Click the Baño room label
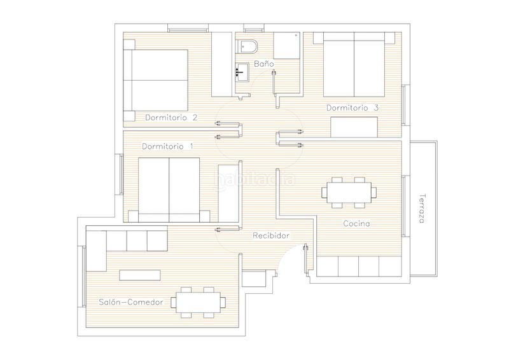pos(264,64)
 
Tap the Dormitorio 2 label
pos(171,118)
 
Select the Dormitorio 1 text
pos(168,146)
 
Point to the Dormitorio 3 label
pos(352,107)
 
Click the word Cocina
pos(356,224)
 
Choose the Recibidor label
pos(271,236)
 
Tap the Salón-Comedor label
pos(131,302)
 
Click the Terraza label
pos(422,209)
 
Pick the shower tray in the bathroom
pos(287,45)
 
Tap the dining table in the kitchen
pos(349,193)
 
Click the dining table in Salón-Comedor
pos(198,303)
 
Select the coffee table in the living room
pos(140,275)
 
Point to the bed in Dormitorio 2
pos(156,80)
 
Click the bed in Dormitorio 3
pos(354,64)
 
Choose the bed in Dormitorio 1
pos(169,190)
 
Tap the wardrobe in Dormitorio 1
pos(228,193)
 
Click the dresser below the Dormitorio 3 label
pos(354,127)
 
